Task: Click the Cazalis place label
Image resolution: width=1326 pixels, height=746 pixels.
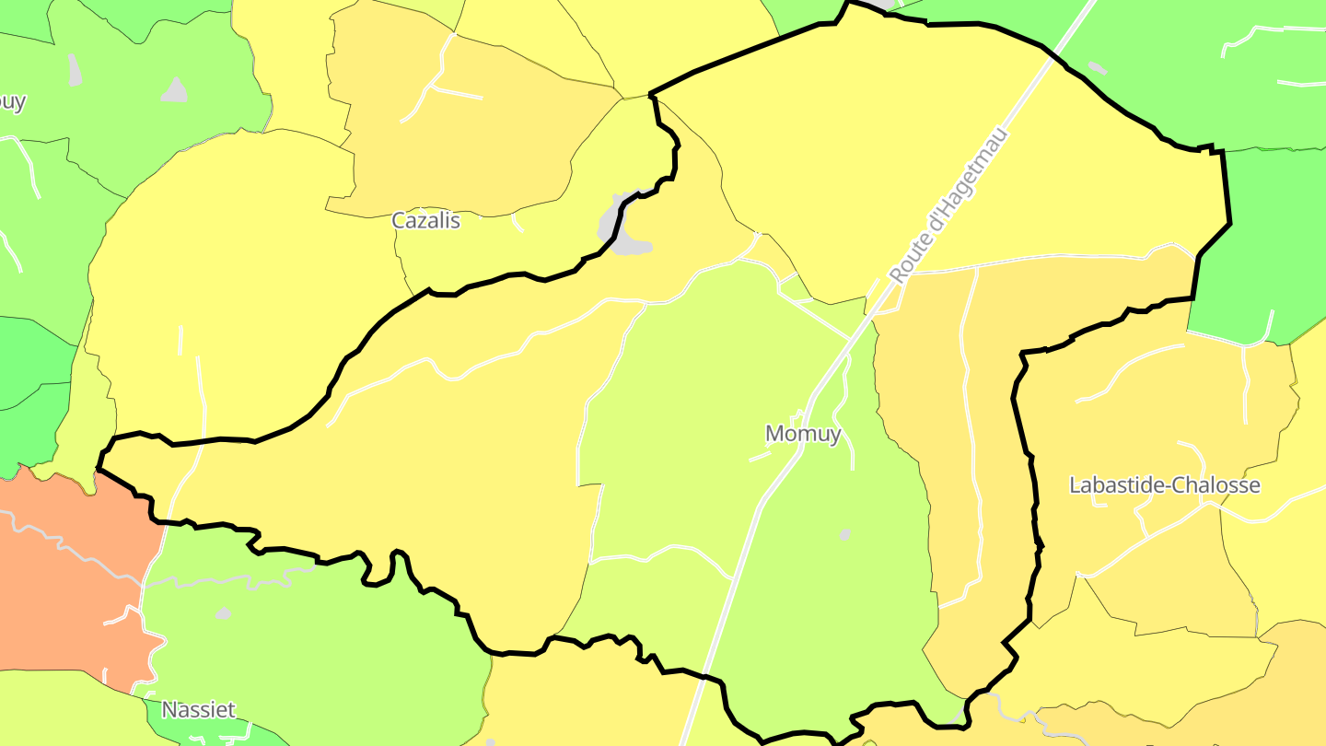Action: [425, 221]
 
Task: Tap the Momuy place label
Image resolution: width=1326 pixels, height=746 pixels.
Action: [803, 434]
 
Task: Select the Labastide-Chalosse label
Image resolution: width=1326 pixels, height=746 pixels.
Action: [1164, 485]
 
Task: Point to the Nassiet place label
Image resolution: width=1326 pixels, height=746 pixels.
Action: [198, 710]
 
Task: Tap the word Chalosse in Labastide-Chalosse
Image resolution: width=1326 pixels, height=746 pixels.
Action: [1215, 485]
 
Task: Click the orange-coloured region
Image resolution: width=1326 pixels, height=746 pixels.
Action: [64, 571]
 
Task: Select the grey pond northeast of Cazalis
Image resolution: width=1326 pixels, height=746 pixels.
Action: [623, 228]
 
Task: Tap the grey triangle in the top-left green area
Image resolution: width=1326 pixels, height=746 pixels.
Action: [175, 90]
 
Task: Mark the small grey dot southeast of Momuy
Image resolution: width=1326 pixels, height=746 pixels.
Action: [845, 534]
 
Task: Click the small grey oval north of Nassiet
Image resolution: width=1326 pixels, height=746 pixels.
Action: [224, 612]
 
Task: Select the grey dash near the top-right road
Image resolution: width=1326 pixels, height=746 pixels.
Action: [1097, 67]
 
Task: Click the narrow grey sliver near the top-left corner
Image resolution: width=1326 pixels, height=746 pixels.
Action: [74, 69]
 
